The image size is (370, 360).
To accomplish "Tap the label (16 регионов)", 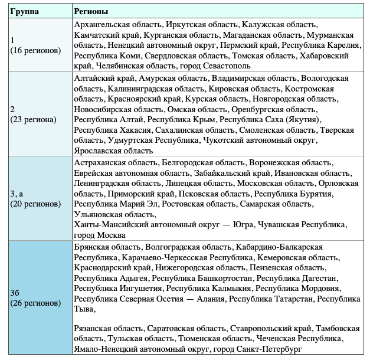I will pyautogui.click(x=35, y=50).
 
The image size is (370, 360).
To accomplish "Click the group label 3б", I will pyautogui.click(x=17, y=293).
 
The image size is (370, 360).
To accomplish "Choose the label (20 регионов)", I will pyautogui.click(x=35, y=204).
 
